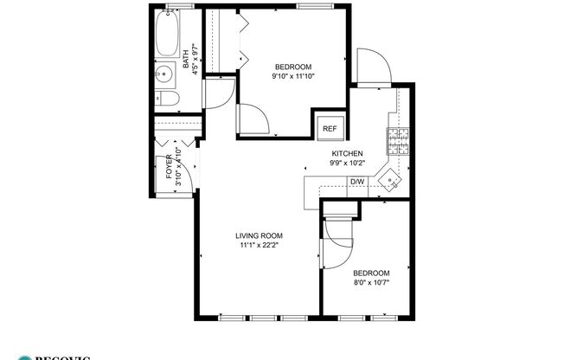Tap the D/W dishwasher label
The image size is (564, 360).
(x=356, y=182)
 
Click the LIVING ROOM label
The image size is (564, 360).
(x=259, y=235)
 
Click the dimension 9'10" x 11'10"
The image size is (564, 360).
(x=293, y=76)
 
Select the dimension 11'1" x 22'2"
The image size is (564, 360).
(x=259, y=246)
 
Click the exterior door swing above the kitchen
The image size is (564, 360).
(x=372, y=67)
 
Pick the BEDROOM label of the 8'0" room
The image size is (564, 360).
(x=371, y=272)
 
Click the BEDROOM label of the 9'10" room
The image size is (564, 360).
(x=293, y=67)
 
